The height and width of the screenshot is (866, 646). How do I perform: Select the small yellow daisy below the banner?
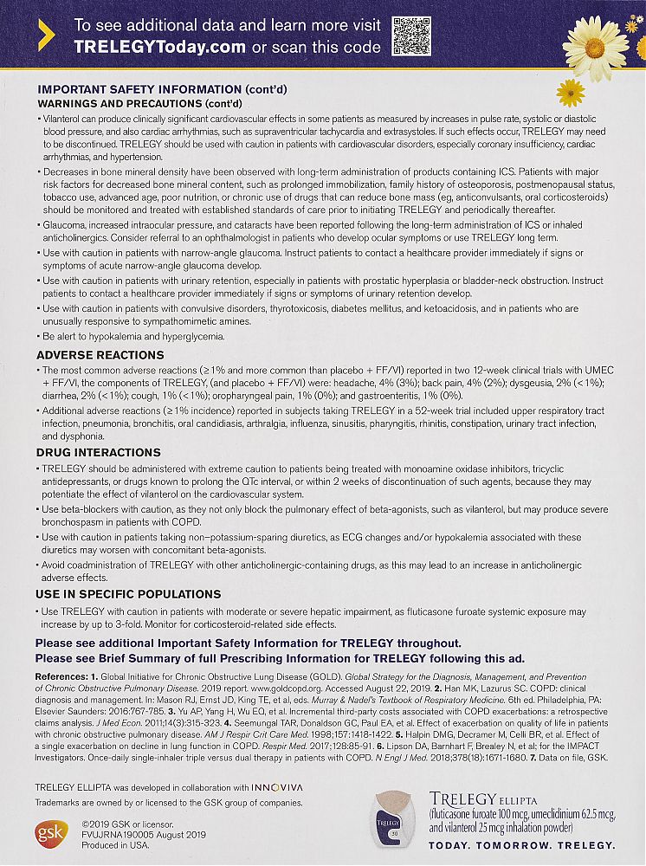point(571,93)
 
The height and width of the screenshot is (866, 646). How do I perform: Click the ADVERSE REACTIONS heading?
point(100,355)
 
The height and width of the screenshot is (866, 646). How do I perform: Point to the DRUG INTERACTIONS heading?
point(98,452)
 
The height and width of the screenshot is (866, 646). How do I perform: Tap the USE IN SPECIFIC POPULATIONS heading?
point(128,594)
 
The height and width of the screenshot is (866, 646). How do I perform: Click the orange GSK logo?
point(48,832)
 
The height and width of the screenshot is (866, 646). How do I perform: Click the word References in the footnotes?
point(64,674)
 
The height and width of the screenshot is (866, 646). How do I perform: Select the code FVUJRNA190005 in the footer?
point(115,832)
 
